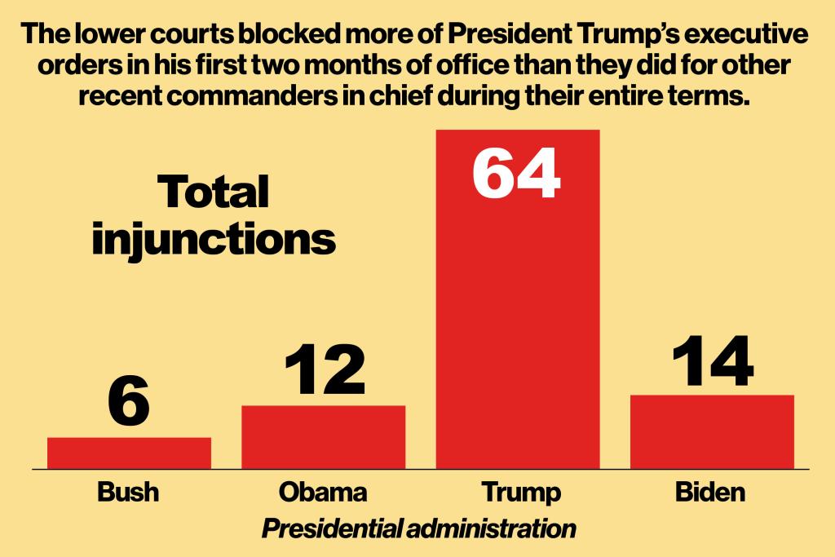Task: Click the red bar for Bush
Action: coord(129,453)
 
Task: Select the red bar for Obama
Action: coord(323,437)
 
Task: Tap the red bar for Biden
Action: coord(712,432)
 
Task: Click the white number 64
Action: coord(517,173)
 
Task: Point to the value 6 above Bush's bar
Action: coord(129,402)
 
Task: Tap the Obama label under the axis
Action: coord(323,493)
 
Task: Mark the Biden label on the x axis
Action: coord(711,493)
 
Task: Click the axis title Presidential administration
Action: coord(418,528)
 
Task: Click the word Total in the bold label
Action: coord(213,192)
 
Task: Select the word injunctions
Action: coord(214,240)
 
